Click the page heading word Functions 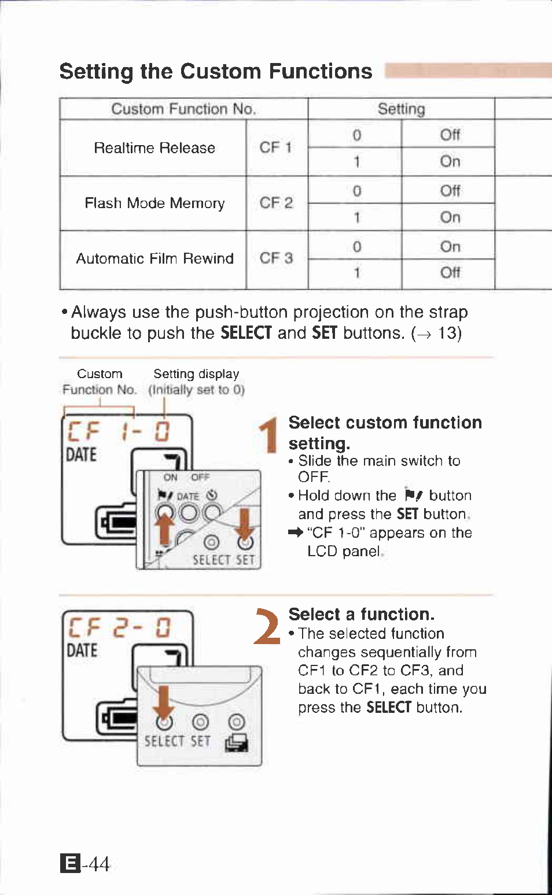pyautogui.click(x=321, y=72)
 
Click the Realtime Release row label pyautogui.click(x=154, y=148)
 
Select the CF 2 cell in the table pyautogui.click(x=276, y=203)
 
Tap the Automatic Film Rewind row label pyautogui.click(x=154, y=258)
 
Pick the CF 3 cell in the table pyautogui.click(x=276, y=258)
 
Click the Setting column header pyautogui.click(x=401, y=109)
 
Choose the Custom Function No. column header pyautogui.click(x=183, y=109)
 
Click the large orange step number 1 pyautogui.click(x=268, y=436)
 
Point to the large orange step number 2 pyautogui.click(x=267, y=627)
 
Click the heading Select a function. pyautogui.click(x=361, y=614)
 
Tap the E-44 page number pyautogui.click(x=85, y=864)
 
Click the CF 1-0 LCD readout pyautogui.click(x=119, y=431)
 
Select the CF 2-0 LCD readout pyautogui.click(x=119, y=628)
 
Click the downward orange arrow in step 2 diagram pyautogui.click(x=164, y=705)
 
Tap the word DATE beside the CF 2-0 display pyautogui.click(x=82, y=651)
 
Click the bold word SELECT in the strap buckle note pyautogui.click(x=246, y=333)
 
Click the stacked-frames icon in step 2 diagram pyautogui.click(x=237, y=743)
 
